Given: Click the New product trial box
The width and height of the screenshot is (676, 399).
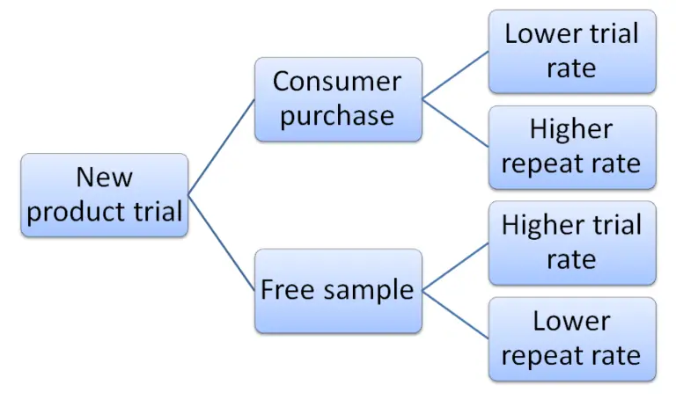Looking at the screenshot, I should pos(104,194).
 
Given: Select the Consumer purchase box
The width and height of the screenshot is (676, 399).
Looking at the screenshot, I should pos(337,99).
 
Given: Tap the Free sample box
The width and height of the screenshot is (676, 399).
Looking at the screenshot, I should pos(337,290).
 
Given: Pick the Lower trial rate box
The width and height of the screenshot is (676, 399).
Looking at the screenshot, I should pos(571,51).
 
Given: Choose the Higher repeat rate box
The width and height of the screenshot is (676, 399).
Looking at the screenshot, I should pos(571,147).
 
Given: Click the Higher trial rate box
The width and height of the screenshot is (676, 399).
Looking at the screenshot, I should pos(571,243).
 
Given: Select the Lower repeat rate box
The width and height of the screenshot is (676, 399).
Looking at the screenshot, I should pos(571,338).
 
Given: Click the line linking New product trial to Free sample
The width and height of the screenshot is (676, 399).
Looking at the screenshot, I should pos(222,243).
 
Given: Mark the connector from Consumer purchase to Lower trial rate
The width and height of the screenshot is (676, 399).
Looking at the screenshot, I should pos(456,75).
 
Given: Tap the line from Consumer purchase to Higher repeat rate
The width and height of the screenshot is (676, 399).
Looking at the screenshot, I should pos(456,123).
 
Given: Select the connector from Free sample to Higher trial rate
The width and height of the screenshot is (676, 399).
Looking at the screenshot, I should pos(456,266).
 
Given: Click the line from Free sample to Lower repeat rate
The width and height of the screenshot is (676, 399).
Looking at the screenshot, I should pos(456,314).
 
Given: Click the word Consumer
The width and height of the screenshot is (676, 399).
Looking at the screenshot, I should pos(337,82).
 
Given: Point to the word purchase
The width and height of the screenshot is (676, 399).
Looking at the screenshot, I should pos(337,116).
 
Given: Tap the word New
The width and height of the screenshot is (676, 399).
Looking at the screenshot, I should pos(104,178).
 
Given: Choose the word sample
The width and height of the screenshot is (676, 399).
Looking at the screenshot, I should pos(370,291).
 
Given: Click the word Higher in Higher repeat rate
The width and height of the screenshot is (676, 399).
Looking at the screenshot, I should pos(571,130).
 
